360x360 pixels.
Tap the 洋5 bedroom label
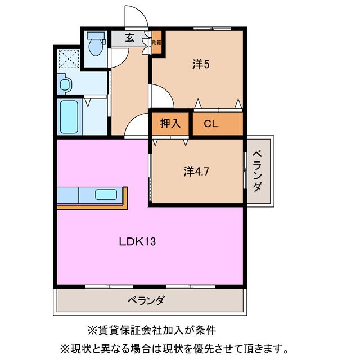click(x=201, y=65)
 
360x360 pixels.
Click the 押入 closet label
click(x=170, y=124)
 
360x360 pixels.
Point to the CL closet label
click(x=211, y=124)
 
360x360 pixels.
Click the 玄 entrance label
click(x=129, y=38)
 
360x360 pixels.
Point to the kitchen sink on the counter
click(x=106, y=195)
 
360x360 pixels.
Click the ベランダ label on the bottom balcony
click(x=146, y=300)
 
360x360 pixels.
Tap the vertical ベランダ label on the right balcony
click(x=257, y=171)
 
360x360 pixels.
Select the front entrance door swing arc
click(x=135, y=17)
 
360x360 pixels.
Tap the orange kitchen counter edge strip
click(x=93, y=206)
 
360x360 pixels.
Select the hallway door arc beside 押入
click(x=137, y=126)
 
